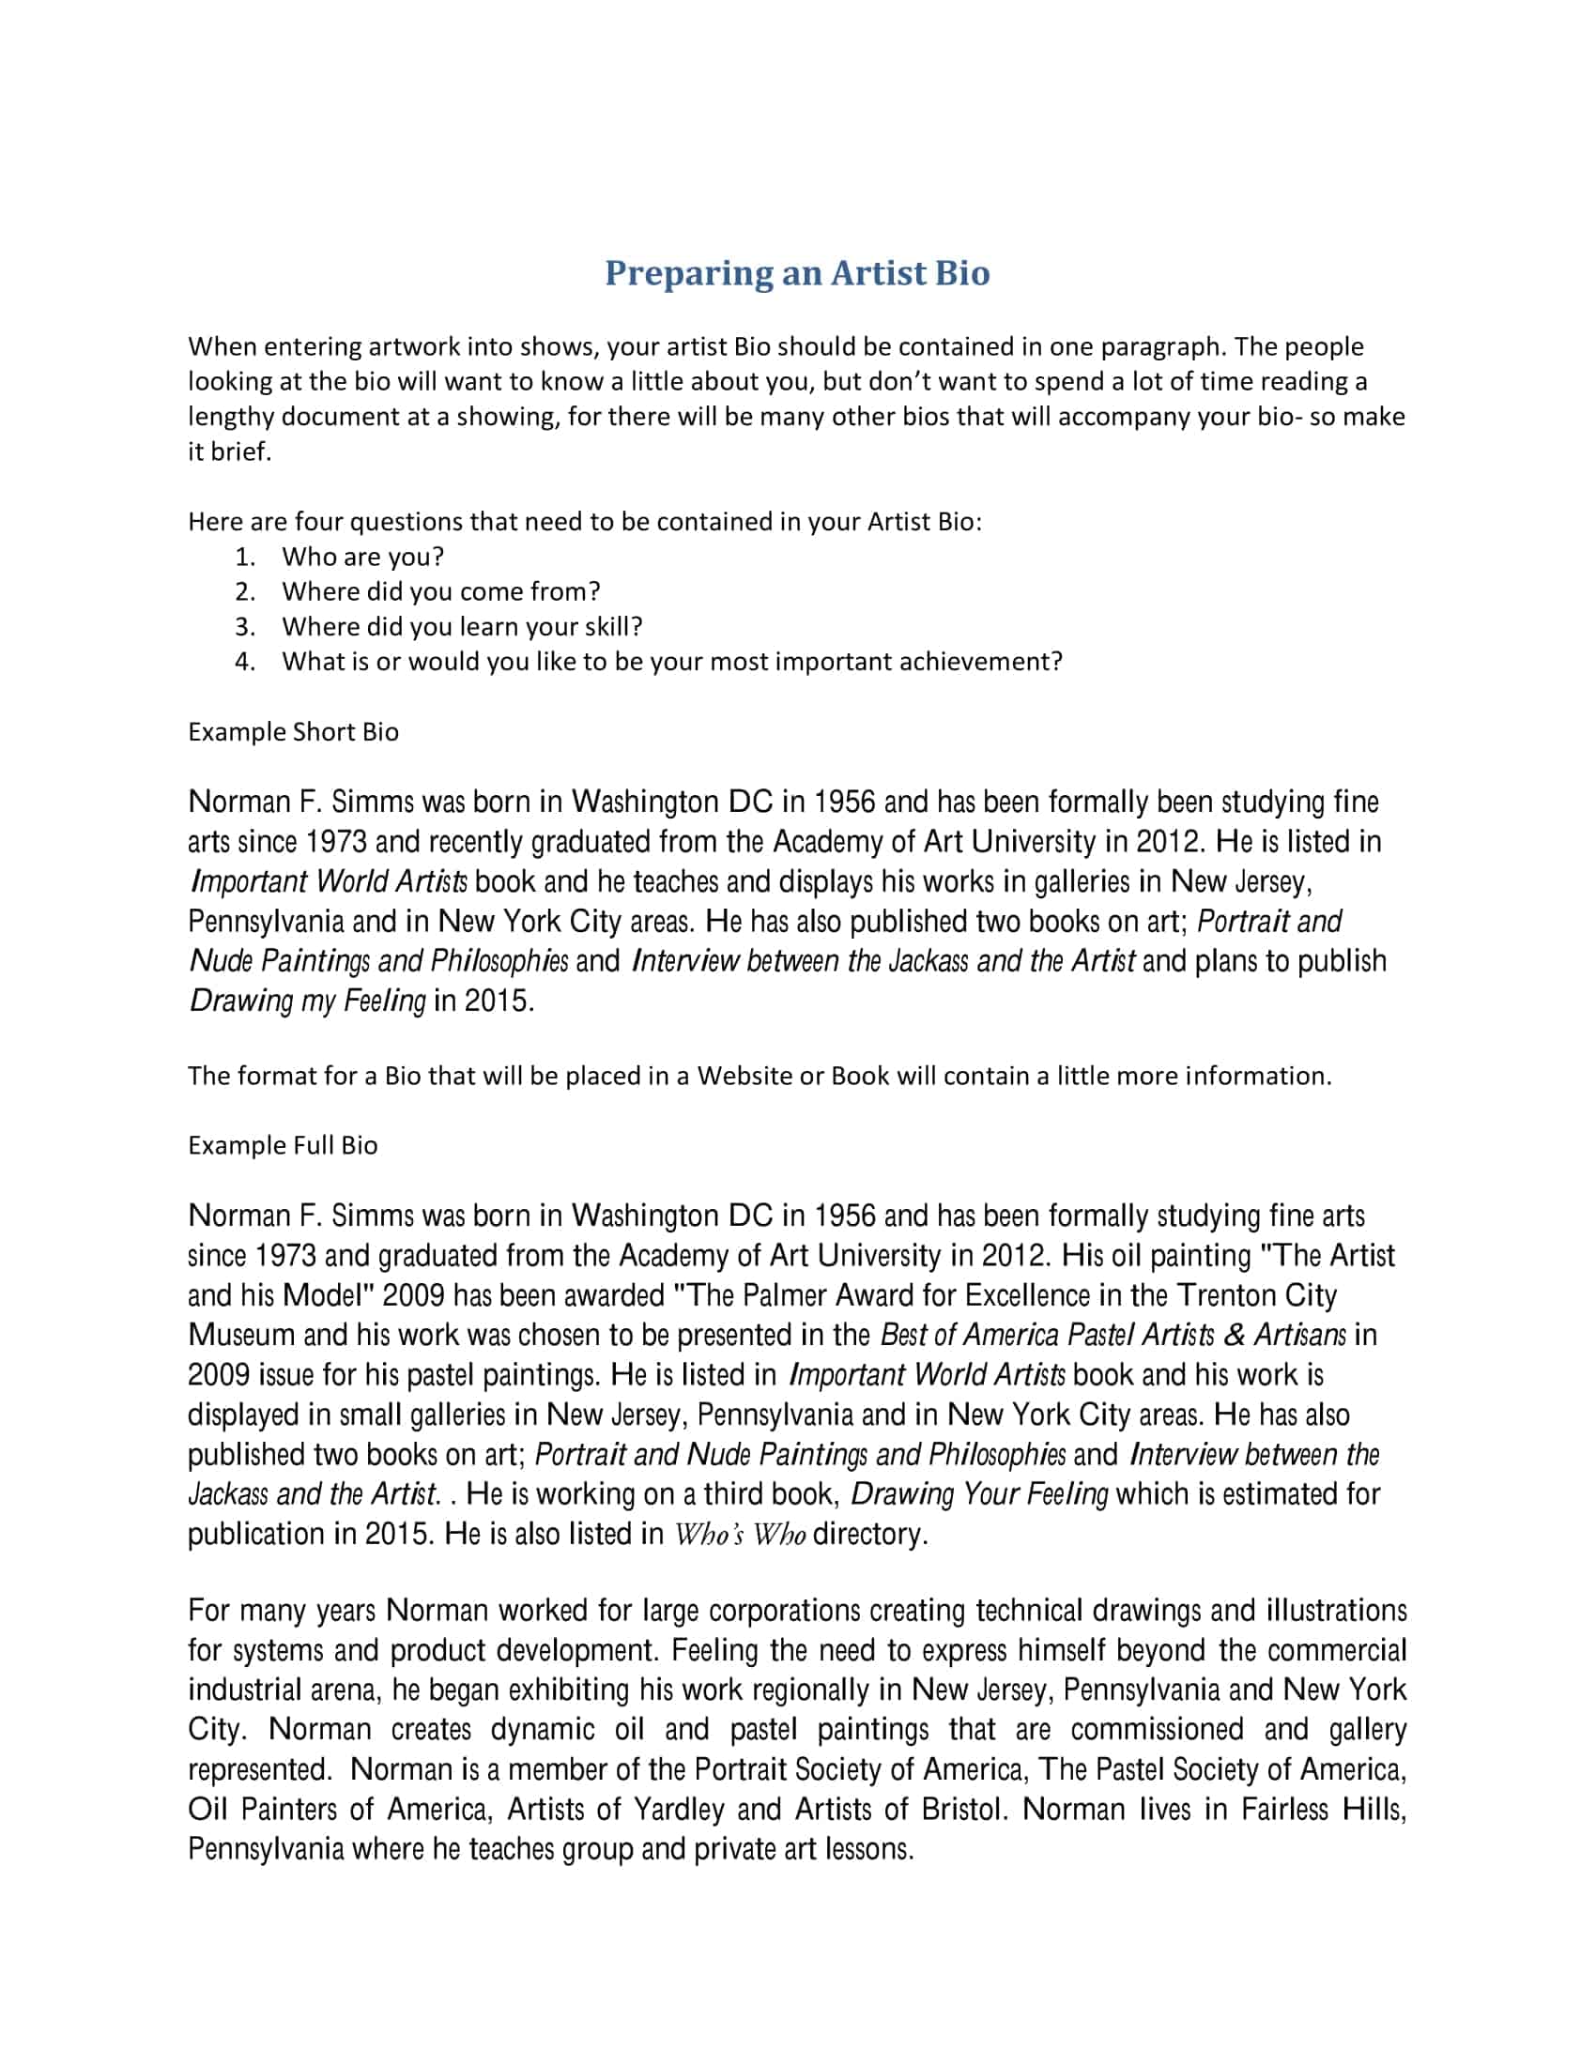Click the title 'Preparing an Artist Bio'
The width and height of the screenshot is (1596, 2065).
click(797, 273)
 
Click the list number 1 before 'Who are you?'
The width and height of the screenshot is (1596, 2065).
click(245, 557)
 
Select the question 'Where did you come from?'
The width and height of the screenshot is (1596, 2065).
click(440, 592)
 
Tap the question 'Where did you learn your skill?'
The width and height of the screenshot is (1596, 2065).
click(461, 627)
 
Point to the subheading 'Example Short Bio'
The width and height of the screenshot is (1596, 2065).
click(293, 732)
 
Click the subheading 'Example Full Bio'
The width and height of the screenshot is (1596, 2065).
click(283, 1145)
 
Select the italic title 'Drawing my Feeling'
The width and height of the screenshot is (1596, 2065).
click(307, 1001)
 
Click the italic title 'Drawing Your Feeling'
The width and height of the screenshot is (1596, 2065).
click(978, 1494)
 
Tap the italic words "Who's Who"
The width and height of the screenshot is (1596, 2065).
click(739, 1535)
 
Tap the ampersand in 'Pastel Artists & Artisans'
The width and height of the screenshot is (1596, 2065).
click(1234, 1335)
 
